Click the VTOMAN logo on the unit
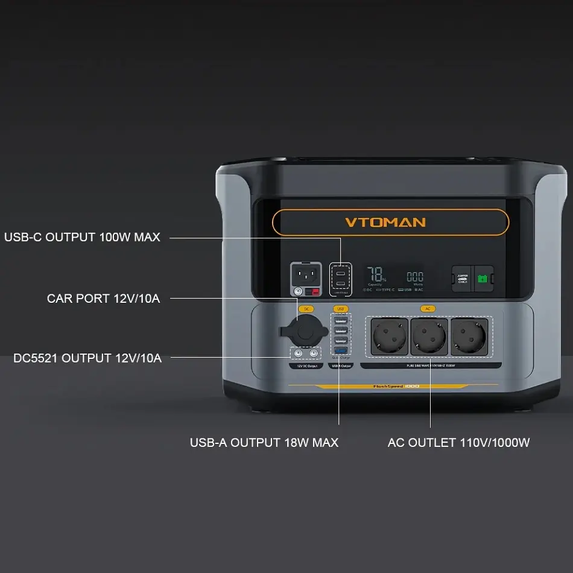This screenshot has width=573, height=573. click(x=385, y=222)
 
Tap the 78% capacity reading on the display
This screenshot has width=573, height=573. click(x=376, y=275)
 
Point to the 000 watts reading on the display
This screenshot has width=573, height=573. click(x=415, y=277)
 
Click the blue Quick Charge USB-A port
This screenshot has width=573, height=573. click(x=341, y=351)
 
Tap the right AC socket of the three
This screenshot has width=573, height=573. click(x=468, y=336)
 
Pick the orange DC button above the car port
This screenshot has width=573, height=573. click(x=306, y=309)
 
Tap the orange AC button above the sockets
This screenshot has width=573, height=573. click(x=428, y=309)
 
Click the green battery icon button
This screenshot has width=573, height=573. click(x=483, y=279)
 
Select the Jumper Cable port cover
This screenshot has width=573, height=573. click(x=463, y=279)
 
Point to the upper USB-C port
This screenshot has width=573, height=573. click(x=341, y=270)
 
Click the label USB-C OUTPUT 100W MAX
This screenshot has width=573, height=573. click(x=82, y=237)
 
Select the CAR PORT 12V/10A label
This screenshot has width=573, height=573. click(x=104, y=298)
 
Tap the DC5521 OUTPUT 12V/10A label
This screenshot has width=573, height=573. click(x=87, y=358)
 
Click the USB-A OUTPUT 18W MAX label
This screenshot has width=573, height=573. click(x=264, y=442)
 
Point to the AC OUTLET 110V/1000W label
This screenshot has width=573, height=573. click(x=458, y=442)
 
